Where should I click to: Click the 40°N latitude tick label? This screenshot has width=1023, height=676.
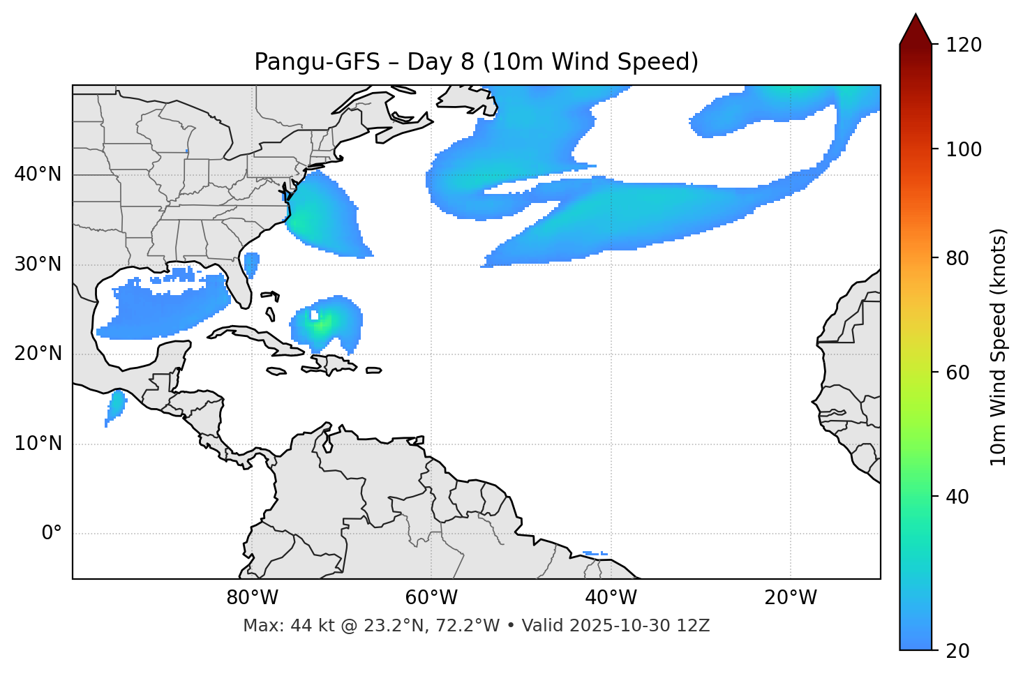click(38, 174)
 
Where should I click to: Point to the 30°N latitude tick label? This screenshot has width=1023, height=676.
click(38, 264)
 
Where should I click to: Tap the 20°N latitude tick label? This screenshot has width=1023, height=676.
click(38, 354)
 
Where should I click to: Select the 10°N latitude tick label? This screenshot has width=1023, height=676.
click(38, 444)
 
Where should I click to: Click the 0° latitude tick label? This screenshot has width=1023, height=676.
click(52, 534)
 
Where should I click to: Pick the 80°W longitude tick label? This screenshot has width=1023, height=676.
click(252, 598)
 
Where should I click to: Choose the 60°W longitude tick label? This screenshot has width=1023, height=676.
click(431, 598)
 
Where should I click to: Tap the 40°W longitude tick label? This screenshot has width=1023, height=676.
click(611, 598)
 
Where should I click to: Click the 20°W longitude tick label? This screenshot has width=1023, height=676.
click(790, 598)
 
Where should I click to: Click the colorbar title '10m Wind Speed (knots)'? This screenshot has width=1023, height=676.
click(999, 347)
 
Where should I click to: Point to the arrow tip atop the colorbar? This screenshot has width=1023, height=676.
click(916, 15)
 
